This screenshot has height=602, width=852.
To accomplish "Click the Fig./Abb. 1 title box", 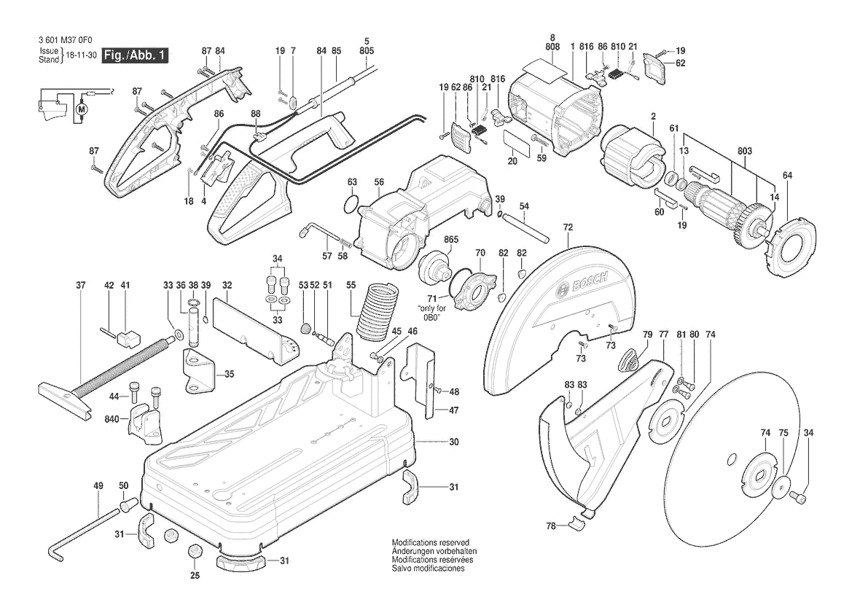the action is [x=135, y=55].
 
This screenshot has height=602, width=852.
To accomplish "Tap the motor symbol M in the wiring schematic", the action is [x=82, y=108].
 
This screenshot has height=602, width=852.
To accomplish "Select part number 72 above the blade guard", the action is [x=568, y=227].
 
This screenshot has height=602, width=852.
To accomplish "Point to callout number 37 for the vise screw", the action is [x=81, y=285].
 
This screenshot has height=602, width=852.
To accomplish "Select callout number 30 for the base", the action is [x=454, y=442].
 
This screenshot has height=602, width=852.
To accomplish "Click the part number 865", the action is [x=451, y=240].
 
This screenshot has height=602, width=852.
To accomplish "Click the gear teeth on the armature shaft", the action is [x=751, y=220].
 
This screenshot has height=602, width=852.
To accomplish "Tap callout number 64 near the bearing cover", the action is [x=787, y=175].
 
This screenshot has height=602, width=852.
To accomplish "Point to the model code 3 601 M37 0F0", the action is [x=66, y=40].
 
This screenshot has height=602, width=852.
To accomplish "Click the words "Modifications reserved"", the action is [x=431, y=542].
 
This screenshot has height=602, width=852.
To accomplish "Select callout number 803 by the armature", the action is [x=744, y=150].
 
